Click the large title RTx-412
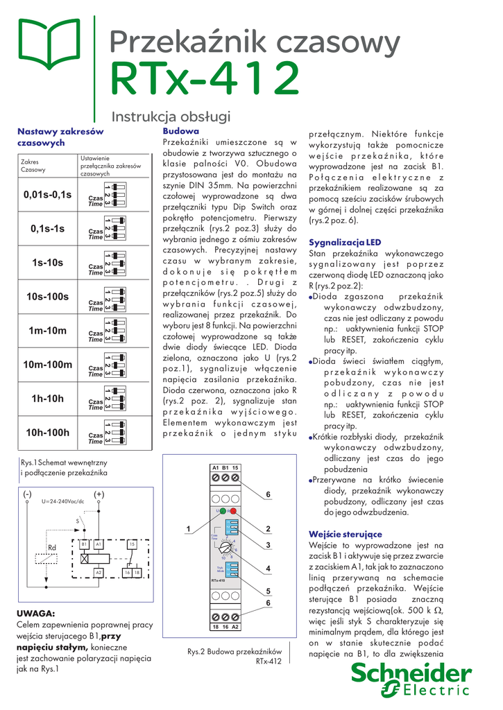click(205, 80)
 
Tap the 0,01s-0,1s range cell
click(47, 195)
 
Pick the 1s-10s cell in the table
click(47, 263)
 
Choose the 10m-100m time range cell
click(47, 365)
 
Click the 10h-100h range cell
click(47, 433)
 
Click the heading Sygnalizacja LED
click(345, 242)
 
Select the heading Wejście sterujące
click(345, 534)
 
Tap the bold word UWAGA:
click(35, 614)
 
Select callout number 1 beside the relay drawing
click(187, 530)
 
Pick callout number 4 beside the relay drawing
click(268, 569)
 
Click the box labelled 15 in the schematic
click(131, 545)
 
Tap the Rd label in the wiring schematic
click(51, 548)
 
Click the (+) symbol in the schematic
click(99, 494)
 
